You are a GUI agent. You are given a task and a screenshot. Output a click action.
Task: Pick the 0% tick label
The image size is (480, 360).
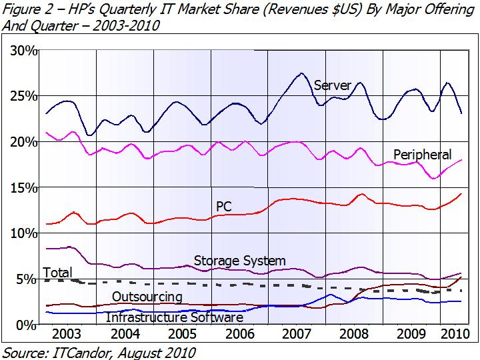click(25, 324)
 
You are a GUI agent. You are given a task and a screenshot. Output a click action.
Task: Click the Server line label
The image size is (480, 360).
click(331, 85)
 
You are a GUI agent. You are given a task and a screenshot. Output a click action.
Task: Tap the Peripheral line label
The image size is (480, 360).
click(422, 155)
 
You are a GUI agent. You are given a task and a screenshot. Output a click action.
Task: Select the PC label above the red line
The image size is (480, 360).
click(224, 207)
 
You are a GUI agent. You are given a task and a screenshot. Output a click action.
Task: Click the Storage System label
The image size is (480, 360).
click(239, 260)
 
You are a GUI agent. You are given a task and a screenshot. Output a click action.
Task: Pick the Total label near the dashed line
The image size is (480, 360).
click(57, 273)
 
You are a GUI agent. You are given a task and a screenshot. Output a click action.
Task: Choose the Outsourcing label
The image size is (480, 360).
click(147, 296)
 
